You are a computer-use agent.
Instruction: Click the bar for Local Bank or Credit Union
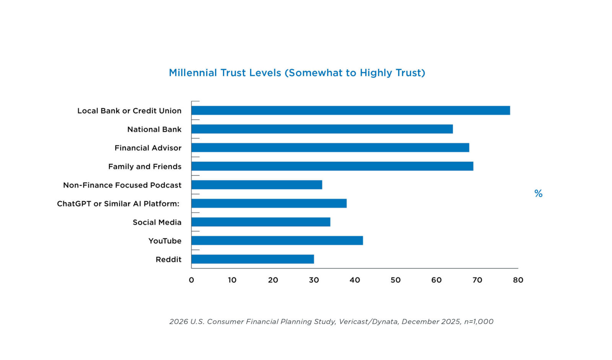pos(350,111)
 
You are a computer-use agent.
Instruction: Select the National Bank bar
pos(322,129)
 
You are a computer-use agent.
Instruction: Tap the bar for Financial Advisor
pos(330,148)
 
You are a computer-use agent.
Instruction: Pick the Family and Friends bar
pos(332,166)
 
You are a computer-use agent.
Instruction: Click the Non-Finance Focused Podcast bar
pos(257,185)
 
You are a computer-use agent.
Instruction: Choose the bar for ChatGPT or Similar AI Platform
pos(269,203)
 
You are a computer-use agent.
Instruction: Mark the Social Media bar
pos(261,222)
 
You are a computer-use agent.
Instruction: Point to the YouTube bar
pos(277,240)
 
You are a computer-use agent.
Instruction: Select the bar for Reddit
pos(252,259)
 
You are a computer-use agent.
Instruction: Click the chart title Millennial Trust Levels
pos(297,73)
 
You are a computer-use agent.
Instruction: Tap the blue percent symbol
pos(538,194)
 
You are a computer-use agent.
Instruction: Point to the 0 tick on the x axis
pos(191,280)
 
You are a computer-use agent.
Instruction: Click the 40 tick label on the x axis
pos(355,280)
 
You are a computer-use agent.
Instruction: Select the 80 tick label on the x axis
pos(518,280)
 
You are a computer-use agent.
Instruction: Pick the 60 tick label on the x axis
pos(436,280)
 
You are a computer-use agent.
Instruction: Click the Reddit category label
pos(168,259)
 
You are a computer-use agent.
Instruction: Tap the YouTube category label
pos(165,241)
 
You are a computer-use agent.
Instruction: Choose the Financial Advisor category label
pos(148,148)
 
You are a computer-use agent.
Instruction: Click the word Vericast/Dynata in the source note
pos(368,322)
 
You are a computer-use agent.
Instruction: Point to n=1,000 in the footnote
pos(479,322)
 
